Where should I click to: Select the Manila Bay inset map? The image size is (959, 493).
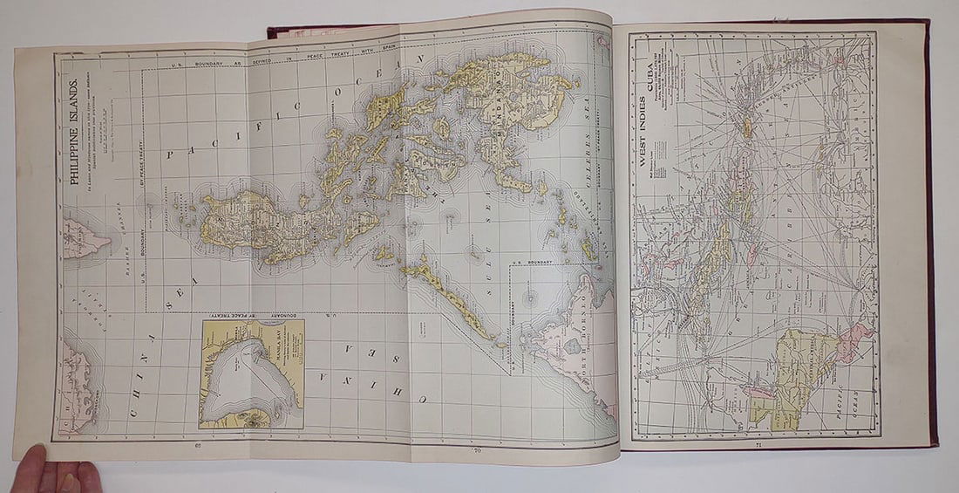(x=252, y=373)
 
